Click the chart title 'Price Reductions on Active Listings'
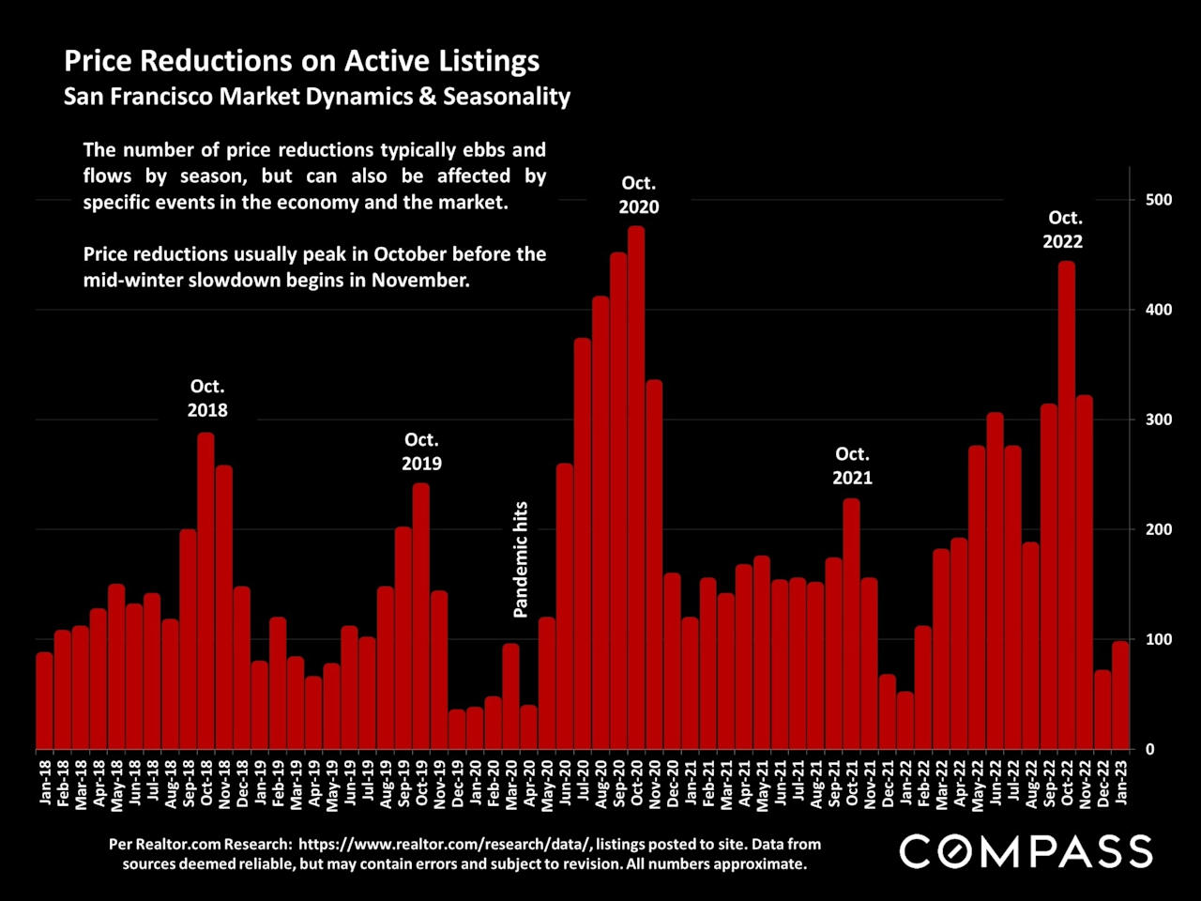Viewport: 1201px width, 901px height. (301, 61)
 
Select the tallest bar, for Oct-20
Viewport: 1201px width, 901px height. (636, 488)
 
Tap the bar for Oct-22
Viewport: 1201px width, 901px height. (1067, 507)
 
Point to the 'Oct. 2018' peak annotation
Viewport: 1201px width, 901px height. (207, 398)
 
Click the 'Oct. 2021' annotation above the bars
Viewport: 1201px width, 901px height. (852, 466)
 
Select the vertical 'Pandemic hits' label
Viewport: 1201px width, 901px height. (521, 559)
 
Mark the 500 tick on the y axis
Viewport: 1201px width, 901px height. (1159, 200)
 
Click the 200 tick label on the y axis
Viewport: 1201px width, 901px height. (1159, 529)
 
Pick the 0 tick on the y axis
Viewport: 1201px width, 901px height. (1150, 749)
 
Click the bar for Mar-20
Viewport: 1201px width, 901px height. (510, 696)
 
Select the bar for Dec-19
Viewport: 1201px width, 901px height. (457, 729)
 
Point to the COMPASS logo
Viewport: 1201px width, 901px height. (1026, 851)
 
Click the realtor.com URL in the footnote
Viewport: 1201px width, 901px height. (444, 844)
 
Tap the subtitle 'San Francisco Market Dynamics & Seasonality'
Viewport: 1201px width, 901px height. (317, 97)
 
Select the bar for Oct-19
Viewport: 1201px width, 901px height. (421, 616)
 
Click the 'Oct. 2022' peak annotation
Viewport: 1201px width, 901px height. (1063, 229)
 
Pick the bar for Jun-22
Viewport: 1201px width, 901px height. (995, 582)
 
